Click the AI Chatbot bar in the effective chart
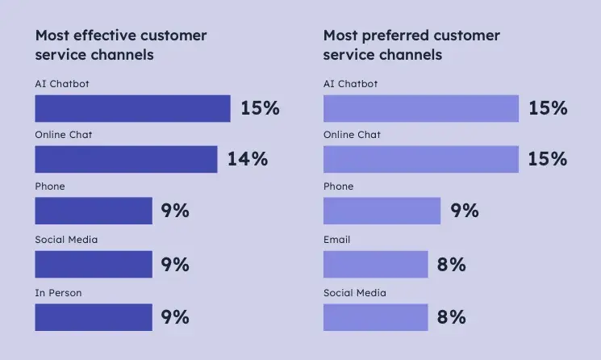pyautogui.click(x=132, y=108)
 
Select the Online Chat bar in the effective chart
pyautogui.click(x=126, y=159)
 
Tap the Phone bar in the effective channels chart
pyautogui.click(x=94, y=211)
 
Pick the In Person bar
pyautogui.click(x=94, y=317)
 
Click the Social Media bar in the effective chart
pyautogui.click(x=94, y=264)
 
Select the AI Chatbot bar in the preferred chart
pyautogui.click(x=421, y=108)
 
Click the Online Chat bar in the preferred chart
pyautogui.click(x=421, y=159)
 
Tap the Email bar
pyautogui.click(x=376, y=264)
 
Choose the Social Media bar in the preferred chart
pyautogui.click(x=376, y=317)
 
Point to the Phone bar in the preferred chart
pyautogui.click(x=382, y=211)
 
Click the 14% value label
pyautogui.click(x=247, y=159)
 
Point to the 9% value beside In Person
pyautogui.click(x=175, y=317)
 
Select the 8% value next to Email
pyautogui.click(x=452, y=264)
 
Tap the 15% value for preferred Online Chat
pyautogui.click(x=548, y=159)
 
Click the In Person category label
pyautogui.click(x=58, y=293)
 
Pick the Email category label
pyautogui.click(x=337, y=240)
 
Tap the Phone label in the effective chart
pyautogui.click(x=50, y=186)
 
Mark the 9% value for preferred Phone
pyautogui.click(x=465, y=211)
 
